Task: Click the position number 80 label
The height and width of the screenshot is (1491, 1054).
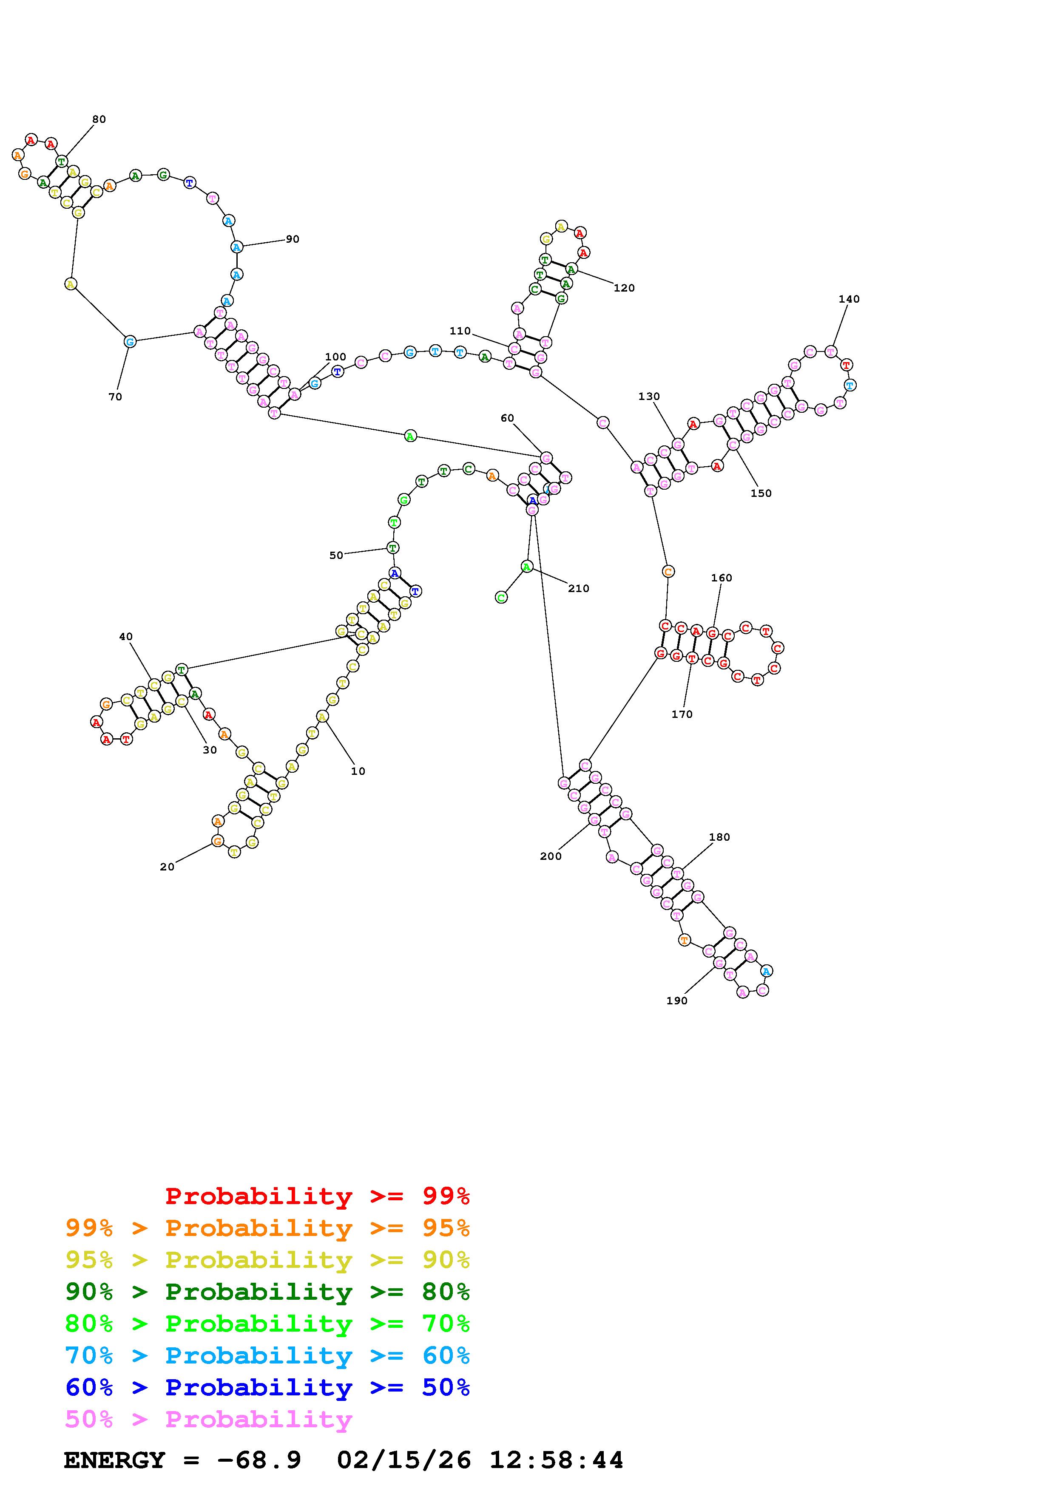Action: (x=99, y=119)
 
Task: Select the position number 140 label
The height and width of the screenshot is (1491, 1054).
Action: (x=849, y=299)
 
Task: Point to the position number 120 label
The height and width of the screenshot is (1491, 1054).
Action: (x=624, y=288)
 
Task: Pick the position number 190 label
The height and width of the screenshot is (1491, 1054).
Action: (x=677, y=1001)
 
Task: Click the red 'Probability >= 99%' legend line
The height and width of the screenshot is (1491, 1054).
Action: (x=318, y=1196)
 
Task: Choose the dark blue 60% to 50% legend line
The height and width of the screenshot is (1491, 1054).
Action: (x=267, y=1388)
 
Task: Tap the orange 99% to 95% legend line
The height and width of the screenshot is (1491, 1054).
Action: (x=267, y=1228)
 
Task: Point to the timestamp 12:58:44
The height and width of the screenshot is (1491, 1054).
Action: (x=556, y=1460)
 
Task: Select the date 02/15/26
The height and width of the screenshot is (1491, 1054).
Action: (x=404, y=1460)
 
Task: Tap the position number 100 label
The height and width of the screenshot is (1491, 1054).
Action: (x=336, y=357)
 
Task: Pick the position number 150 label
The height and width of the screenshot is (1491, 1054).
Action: (x=761, y=493)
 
